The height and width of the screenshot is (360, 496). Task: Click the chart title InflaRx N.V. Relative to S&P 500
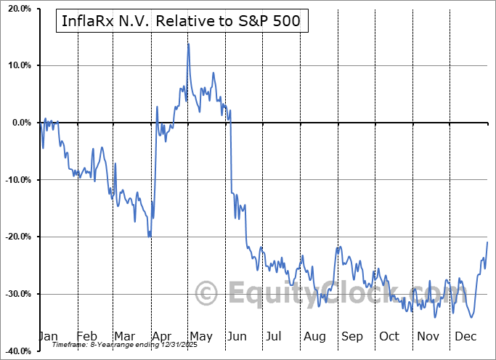pos(182,22)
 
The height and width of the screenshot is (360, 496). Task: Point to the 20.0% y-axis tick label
pos(17,9)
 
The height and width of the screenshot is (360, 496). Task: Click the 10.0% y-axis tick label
pos(17,65)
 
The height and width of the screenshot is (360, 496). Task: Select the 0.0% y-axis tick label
pos(19,123)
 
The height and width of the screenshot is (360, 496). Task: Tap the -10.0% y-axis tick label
pos(15,180)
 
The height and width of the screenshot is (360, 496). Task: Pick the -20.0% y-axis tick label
pos(15,237)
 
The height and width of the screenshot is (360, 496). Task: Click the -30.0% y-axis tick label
pos(15,294)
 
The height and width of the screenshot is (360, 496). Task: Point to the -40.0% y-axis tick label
pos(15,351)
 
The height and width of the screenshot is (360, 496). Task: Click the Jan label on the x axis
pos(48,337)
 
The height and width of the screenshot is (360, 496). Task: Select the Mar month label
pos(124,337)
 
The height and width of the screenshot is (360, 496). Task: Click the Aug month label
pos(314,337)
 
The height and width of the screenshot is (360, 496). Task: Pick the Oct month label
pos(389,337)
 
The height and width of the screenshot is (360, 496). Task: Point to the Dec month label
pos(465,337)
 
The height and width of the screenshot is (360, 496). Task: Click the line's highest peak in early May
pos(188,44)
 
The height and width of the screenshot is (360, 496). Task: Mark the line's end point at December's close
pos(487,242)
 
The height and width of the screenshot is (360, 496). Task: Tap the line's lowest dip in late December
pos(473,317)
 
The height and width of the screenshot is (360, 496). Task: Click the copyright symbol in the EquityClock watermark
pos(207,294)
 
